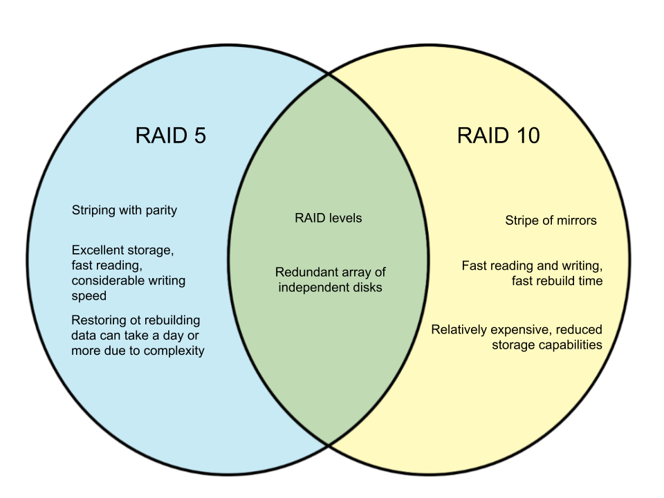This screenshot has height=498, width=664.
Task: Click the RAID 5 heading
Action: point(170,136)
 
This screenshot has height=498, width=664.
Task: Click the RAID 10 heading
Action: point(498,136)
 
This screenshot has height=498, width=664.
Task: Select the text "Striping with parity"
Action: point(124,210)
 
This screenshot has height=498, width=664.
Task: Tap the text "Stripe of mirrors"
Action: point(551,221)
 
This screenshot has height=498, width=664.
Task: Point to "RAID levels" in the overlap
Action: point(329,219)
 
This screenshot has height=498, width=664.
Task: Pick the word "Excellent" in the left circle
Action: point(98,250)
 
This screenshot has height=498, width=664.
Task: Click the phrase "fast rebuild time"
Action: point(557,281)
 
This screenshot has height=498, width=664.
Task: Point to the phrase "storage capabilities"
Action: point(547,344)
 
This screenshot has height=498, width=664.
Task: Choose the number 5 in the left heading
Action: point(199,136)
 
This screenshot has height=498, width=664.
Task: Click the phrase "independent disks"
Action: point(330,287)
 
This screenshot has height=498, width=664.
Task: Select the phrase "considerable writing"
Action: point(129,281)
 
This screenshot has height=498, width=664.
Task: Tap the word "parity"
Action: point(160,210)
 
